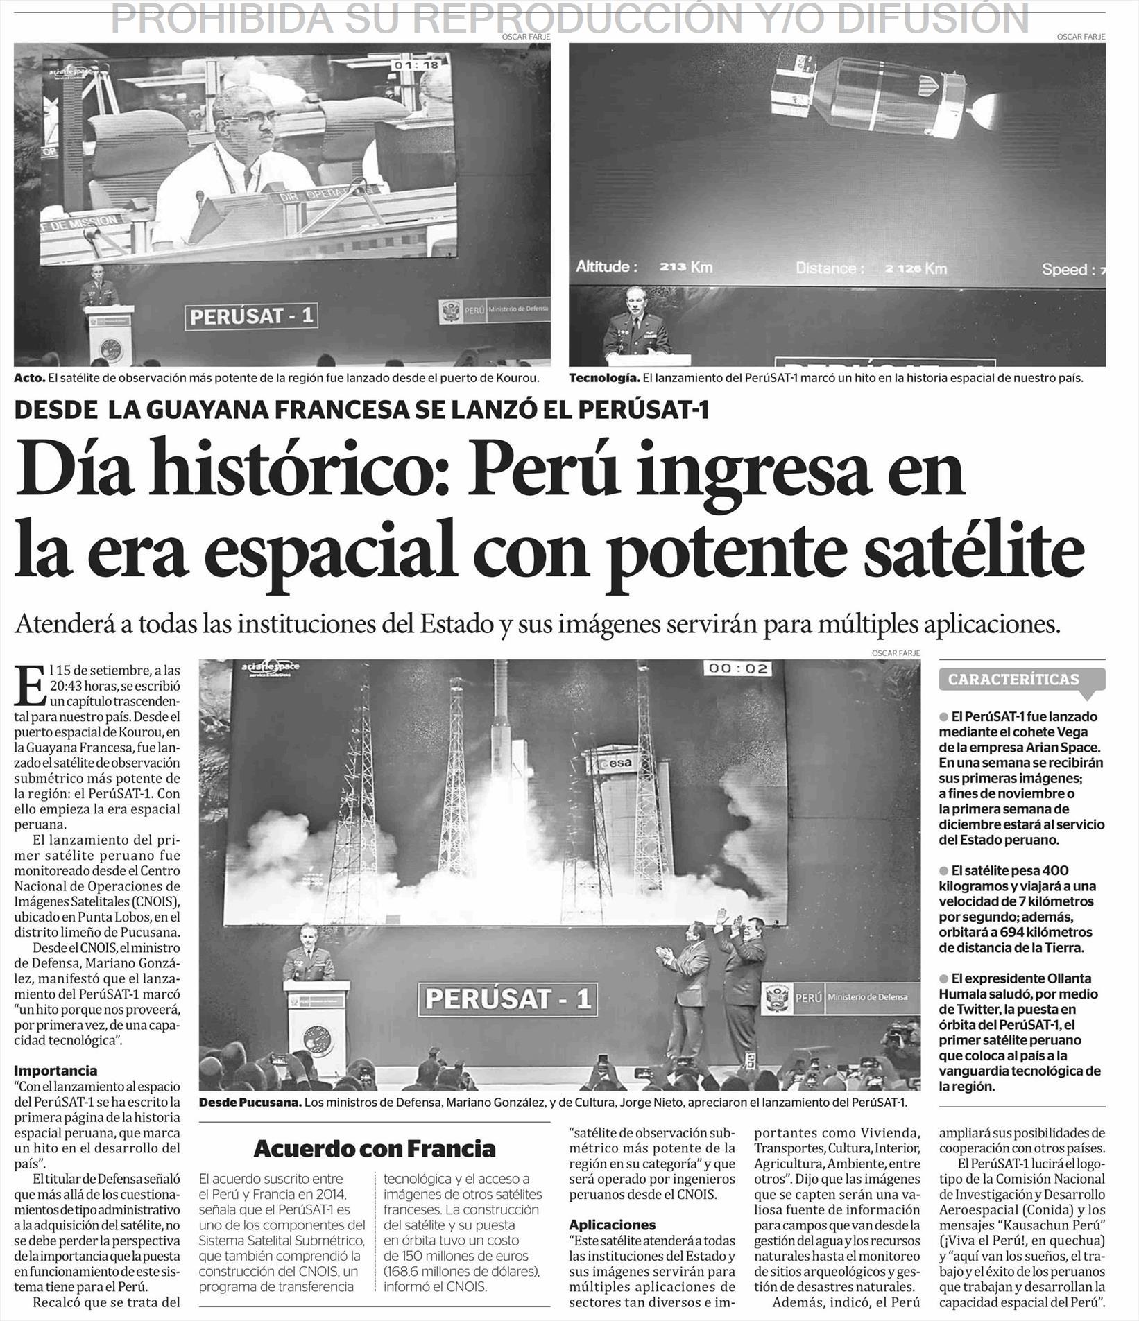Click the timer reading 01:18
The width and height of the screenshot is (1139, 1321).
pos(416,64)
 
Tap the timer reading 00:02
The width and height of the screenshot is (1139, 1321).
pos(737,668)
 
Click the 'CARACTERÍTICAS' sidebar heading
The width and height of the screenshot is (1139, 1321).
pos(1013,680)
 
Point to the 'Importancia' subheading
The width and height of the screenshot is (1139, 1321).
pos(55,1071)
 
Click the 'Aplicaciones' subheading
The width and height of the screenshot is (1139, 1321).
pos(612,1225)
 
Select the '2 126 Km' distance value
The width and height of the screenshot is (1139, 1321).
pos(915,268)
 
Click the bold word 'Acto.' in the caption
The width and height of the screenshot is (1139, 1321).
pos(29,378)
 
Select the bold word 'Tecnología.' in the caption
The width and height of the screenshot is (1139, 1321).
pos(603,378)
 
